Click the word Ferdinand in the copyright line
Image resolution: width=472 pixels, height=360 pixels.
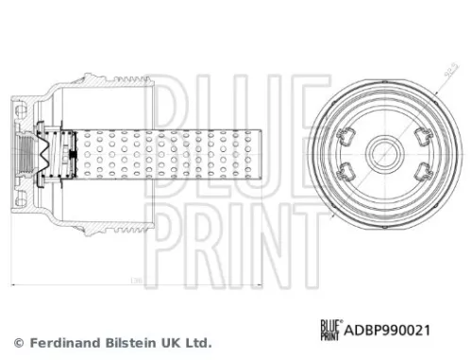click(x=64, y=342)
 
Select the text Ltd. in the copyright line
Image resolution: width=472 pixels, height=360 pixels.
click(x=198, y=342)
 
